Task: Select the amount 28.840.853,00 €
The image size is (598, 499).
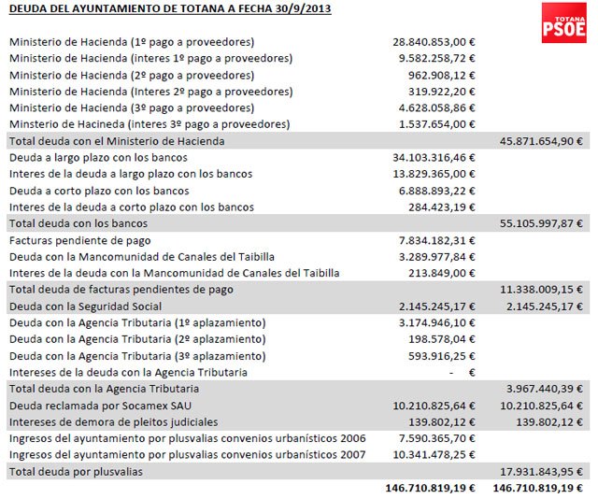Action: pyautogui.click(x=434, y=43)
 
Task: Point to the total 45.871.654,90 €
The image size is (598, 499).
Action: pyautogui.click(x=540, y=141)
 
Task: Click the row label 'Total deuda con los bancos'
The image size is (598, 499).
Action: pyautogui.click(x=78, y=223)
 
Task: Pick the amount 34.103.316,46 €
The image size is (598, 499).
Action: pyautogui.click(x=434, y=158)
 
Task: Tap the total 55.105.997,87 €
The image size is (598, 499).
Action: pyautogui.click(x=540, y=223)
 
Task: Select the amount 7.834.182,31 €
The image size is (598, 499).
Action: pyautogui.click(x=436, y=240)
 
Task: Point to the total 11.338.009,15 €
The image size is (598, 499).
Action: pyautogui.click(x=540, y=290)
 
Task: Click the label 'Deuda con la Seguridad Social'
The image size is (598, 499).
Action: pyautogui.click(x=85, y=306)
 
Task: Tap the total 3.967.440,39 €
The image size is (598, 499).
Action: pyautogui.click(x=543, y=388)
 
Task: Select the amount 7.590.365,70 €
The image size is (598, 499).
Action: pyautogui.click(x=436, y=437)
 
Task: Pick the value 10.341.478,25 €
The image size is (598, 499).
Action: pyautogui.click(x=434, y=454)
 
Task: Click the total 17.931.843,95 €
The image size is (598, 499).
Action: pyautogui.click(x=540, y=471)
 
